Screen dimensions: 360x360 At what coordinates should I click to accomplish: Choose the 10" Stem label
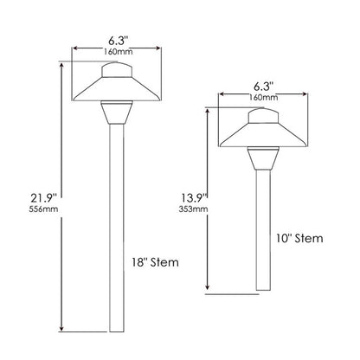tap(299, 239)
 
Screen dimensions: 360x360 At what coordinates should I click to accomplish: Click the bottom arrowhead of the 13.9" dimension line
tap(208, 288)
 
